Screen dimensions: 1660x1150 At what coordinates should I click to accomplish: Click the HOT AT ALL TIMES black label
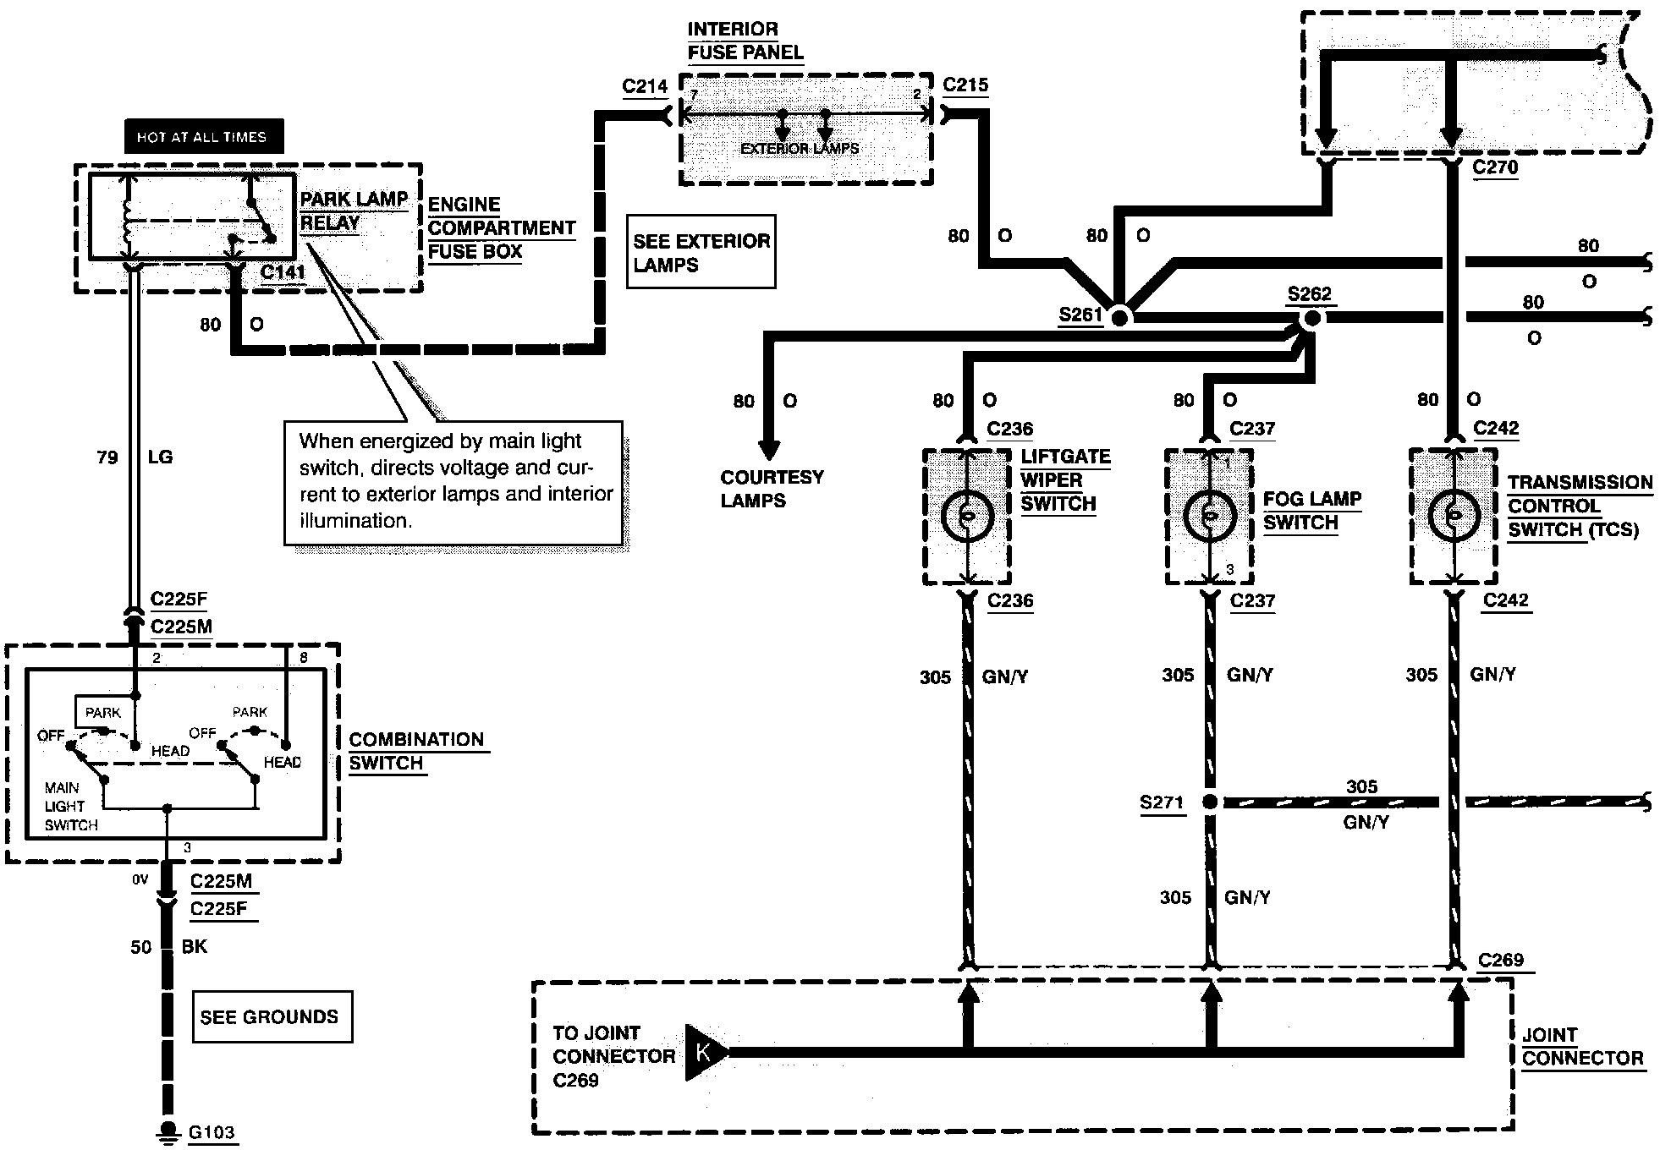(203, 137)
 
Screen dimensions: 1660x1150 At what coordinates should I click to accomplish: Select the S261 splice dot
(1120, 318)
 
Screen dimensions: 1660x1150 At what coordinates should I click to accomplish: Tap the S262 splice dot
(1311, 318)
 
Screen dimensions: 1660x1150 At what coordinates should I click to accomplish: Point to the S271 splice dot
(1211, 802)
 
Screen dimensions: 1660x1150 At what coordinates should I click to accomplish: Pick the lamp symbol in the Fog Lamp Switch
(1210, 516)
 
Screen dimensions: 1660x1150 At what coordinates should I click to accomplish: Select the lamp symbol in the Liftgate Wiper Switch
(967, 516)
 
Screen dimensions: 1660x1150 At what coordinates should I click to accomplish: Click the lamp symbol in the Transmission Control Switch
(1454, 515)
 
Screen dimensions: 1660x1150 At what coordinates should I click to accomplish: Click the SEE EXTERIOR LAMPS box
(701, 252)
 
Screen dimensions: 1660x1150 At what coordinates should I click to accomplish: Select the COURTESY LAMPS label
(772, 489)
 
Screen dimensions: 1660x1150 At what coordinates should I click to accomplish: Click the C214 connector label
(645, 86)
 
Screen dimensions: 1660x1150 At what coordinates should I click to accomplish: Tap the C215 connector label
(965, 85)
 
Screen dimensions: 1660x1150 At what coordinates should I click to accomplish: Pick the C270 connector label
(1495, 167)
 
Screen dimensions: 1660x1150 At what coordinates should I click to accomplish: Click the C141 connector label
(283, 271)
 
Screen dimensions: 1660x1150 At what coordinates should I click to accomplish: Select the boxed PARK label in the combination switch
(103, 712)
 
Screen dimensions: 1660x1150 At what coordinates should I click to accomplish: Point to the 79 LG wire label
(135, 457)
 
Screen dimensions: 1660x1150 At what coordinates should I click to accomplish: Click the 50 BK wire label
(168, 947)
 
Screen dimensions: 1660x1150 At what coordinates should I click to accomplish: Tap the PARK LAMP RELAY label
(354, 211)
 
